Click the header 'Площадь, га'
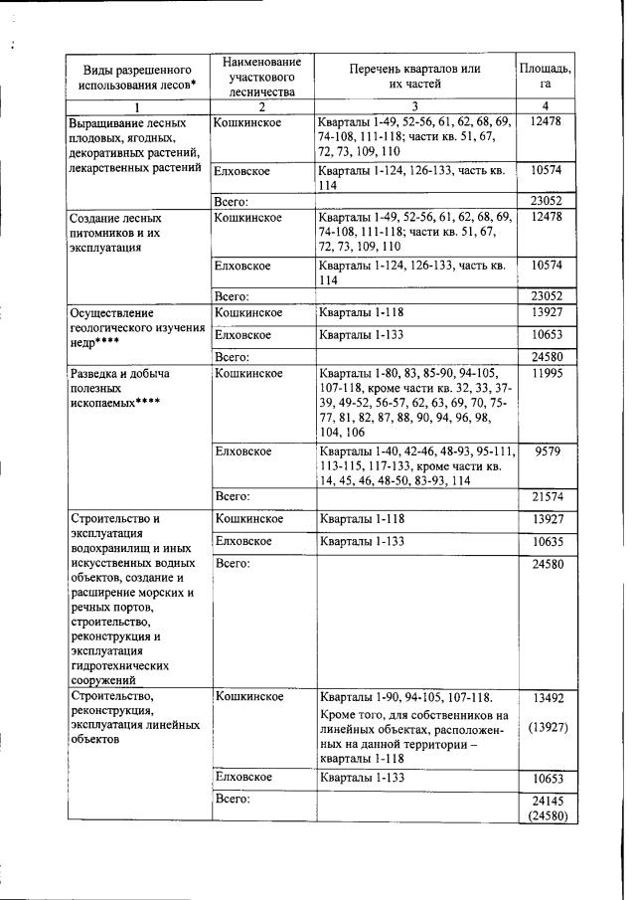(x=546, y=76)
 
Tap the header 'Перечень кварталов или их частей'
(x=414, y=76)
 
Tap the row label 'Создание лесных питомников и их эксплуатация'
(x=119, y=232)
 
